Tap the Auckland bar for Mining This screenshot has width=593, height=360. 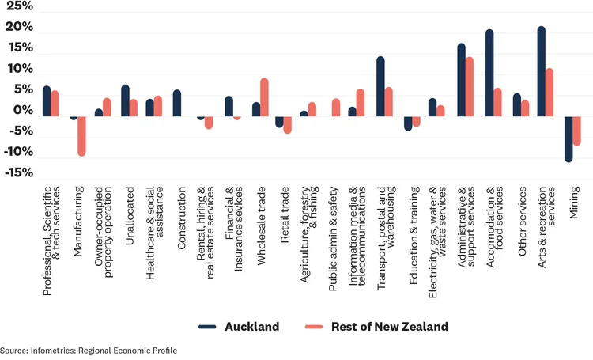tap(568, 138)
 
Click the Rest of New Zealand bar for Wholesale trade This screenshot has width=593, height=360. tap(264, 97)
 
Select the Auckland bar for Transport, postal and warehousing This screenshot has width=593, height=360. tap(380, 85)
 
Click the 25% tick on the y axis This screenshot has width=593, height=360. tap(17, 7)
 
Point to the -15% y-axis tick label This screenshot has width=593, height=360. tap(16, 172)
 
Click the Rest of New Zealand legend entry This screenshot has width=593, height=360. tap(376, 327)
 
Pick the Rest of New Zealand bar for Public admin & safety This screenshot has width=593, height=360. tap(336, 107)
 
